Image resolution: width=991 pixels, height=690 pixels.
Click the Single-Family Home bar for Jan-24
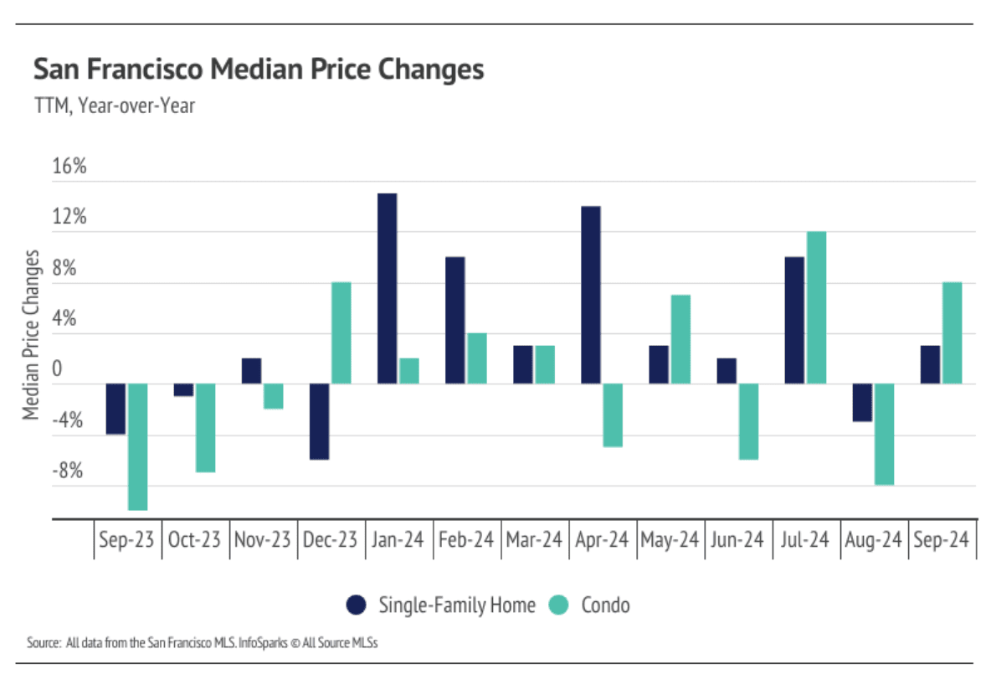[387, 289]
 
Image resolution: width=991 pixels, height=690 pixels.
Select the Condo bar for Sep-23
[137, 446]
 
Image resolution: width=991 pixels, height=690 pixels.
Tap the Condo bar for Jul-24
[816, 307]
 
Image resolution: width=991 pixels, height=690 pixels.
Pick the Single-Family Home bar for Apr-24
[590, 295]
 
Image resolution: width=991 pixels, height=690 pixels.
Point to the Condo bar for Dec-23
[341, 333]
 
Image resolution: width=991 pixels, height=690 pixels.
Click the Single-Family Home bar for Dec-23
[319, 421]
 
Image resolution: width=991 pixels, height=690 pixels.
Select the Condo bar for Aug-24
[884, 434]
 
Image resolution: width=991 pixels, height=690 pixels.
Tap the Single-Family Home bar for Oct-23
[183, 390]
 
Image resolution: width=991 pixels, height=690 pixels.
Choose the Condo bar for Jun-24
[748, 421]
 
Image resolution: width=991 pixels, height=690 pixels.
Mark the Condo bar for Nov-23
[273, 396]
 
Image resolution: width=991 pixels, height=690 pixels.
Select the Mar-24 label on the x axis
[534, 540]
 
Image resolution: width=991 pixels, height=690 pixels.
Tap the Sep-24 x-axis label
[941, 540]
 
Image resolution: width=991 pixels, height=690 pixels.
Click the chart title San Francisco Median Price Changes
[259, 69]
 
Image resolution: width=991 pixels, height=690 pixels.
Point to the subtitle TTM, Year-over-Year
[114, 106]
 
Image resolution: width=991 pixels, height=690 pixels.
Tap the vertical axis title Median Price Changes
[31, 334]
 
